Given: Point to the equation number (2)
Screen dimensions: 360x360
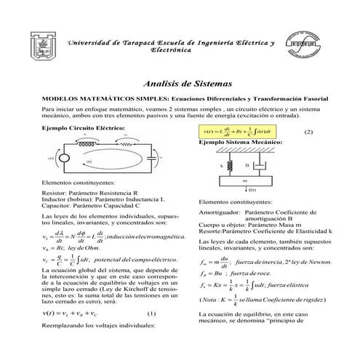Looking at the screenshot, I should (x=308, y=132).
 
